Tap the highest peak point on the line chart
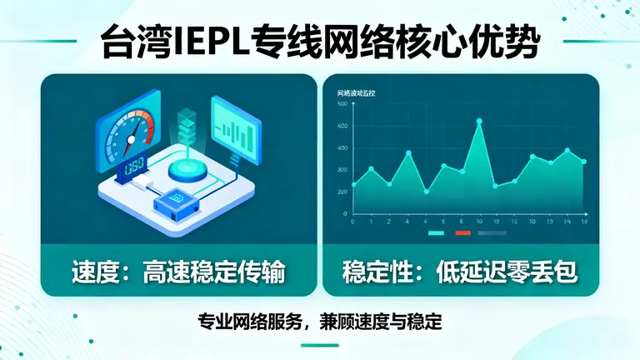click(x=479, y=121)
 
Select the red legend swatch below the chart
click(x=463, y=233)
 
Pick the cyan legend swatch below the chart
click(x=436, y=233)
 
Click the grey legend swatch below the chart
click(x=492, y=233)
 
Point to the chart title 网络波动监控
click(x=357, y=91)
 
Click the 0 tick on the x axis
click(x=352, y=222)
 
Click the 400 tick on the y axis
click(x=342, y=147)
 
